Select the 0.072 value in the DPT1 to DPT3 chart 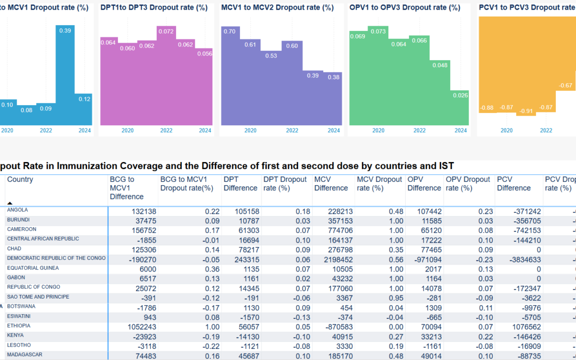pyautogui.click(x=166, y=32)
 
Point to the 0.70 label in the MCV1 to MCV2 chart pyautogui.click(x=229, y=31)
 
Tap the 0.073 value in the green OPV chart pyautogui.click(x=378, y=31)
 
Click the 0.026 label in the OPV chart pyautogui.click(x=460, y=95)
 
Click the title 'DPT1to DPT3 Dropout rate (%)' pyautogui.click(x=154, y=8)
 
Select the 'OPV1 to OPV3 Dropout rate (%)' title pyautogui.click(x=404, y=8)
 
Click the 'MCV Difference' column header pyautogui.click(x=331, y=183)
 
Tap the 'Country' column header pyautogui.click(x=20, y=180)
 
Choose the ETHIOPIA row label pyautogui.click(x=19, y=325)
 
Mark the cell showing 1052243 pyautogui.click(x=137, y=326)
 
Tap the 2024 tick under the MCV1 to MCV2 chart pyautogui.click(x=333, y=131)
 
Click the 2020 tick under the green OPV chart pyautogui.click(x=378, y=131)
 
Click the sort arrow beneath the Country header pyautogui.click(x=10, y=203)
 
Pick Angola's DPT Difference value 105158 pyautogui.click(x=245, y=211)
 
